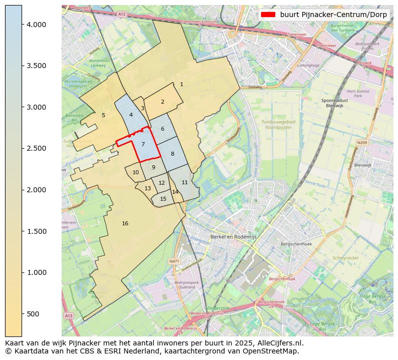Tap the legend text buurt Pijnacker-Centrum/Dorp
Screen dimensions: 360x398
coord(333,15)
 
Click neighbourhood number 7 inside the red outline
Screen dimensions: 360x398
coord(143,145)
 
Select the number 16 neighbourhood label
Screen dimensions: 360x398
coord(125,223)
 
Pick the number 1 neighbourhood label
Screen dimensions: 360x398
coord(181,84)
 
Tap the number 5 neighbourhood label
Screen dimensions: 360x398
coord(103,115)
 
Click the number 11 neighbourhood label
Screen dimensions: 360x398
coord(184,182)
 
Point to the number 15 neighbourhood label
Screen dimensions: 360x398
coord(163,199)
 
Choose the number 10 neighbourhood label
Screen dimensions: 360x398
coord(135,172)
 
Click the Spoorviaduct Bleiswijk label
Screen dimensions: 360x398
coord(334,103)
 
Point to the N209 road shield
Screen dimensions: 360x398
coord(362,143)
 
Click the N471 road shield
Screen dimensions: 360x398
coord(174,261)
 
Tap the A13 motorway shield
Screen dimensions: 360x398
coord(68,315)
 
